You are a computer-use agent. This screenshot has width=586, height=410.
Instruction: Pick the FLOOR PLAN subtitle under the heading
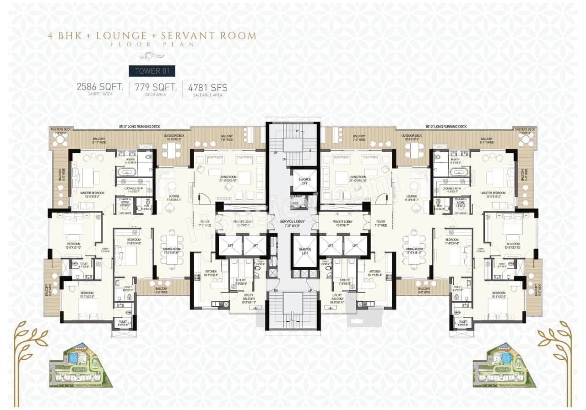click(x=152, y=45)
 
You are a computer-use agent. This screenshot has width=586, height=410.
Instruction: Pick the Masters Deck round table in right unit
click(x=524, y=141)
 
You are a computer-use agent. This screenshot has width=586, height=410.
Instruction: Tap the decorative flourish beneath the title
click(x=152, y=56)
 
